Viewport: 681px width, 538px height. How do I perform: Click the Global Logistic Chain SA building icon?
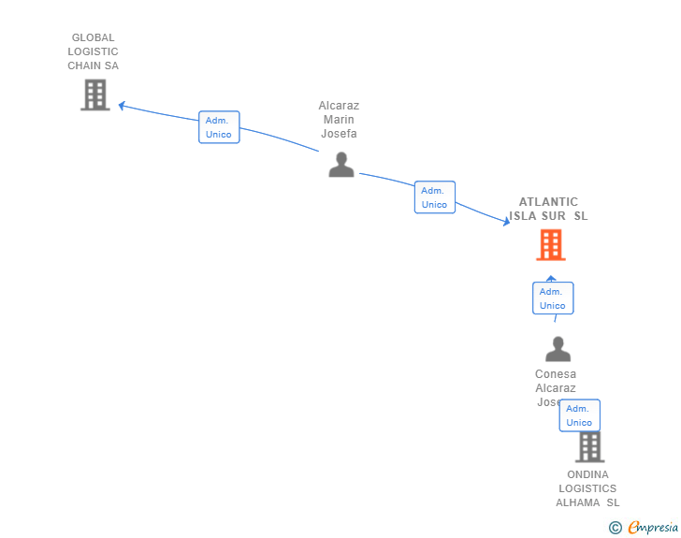click(94, 95)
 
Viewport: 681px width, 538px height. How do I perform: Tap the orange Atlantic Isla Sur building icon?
click(551, 245)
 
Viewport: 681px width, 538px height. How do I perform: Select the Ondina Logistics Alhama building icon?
click(589, 446)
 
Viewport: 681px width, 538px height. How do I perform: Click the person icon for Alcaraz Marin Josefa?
click(341, 165)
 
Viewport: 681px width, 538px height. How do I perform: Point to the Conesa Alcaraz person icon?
click(558, 349)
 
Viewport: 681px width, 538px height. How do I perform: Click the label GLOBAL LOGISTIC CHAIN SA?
click(94, 52)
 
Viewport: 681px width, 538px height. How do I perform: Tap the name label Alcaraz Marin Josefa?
click(339, 120)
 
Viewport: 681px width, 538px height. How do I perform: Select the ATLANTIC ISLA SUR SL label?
click(549, 209)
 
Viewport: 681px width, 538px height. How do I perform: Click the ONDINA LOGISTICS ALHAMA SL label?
click(587, 488)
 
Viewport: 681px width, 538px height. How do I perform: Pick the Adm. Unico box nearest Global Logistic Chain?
click(219, 127)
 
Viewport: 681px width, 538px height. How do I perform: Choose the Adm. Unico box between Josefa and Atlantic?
click(434, 197)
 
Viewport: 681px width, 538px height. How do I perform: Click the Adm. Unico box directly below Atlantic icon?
click(553, 298)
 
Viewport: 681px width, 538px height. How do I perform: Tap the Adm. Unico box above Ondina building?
click(579, 415)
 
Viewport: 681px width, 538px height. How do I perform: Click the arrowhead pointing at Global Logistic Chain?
click(121, 106)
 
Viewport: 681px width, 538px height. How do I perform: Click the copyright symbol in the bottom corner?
click(616, 528)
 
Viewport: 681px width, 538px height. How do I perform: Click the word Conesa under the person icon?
click(556, 374)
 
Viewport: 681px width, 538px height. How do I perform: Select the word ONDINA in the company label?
click(587, 474)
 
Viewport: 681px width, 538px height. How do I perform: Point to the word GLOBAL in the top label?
click(94, 38)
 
